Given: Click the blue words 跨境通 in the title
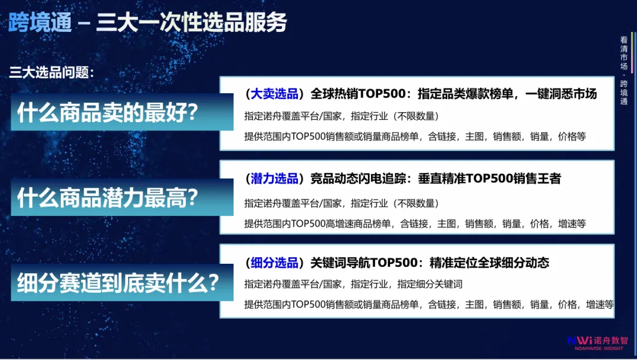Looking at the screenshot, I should click(40, 22).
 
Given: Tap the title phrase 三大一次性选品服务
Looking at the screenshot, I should click(192, 22).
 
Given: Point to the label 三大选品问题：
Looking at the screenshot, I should click(52, 73).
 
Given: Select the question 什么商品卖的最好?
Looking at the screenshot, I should click(107, 112).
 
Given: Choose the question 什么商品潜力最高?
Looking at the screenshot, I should click(107, 197).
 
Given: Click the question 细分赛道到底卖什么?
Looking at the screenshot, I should click(117, 283).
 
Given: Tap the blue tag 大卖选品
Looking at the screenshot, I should click(274, 93).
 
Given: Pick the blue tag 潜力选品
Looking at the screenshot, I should click(274, 178).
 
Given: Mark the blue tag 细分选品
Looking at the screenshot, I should click(274, 262).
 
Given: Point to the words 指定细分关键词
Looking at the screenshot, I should click(430, 284).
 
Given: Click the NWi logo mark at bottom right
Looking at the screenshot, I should click(580, 341).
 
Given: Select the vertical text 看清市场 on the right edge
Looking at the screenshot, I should click(624, 53).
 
